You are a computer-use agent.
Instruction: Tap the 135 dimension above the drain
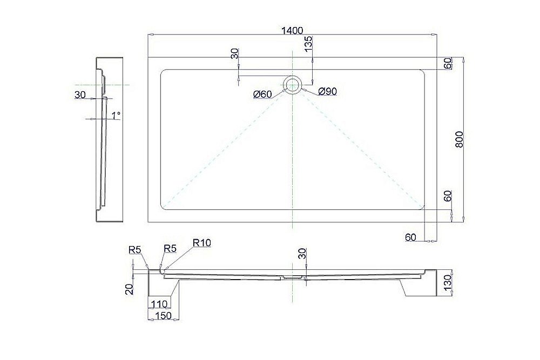(x=308, y=44)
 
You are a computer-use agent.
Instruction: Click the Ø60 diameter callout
(x=262, y=94)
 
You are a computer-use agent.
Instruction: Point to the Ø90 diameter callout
(x=327, y=92)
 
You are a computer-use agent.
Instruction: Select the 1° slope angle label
(x=116, y=115)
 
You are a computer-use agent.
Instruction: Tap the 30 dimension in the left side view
(x=80, y=95)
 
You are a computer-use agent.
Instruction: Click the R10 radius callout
(x=201, y=243)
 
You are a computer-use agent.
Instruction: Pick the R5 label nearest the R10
(x=170, y=248)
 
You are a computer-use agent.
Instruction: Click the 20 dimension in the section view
(x=129, y=289)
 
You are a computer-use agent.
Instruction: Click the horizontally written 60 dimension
(x=411, y=236)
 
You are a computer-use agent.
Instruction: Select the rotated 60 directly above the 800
(x=448, y=63)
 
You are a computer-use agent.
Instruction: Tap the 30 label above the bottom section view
(x=302, y=253)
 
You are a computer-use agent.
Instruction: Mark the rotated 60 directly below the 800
(x=448, y=196)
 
